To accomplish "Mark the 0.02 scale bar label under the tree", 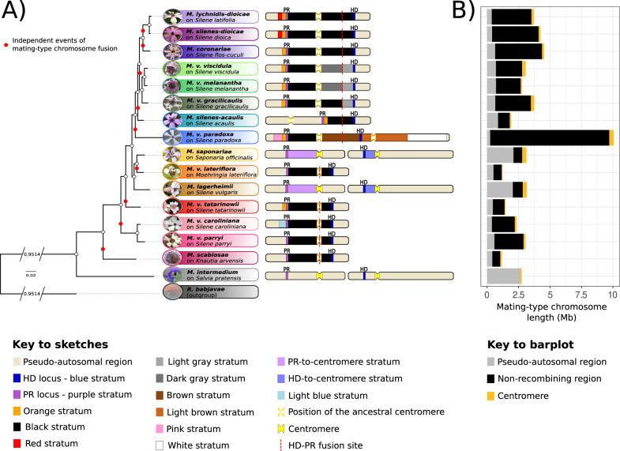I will [31, 275].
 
